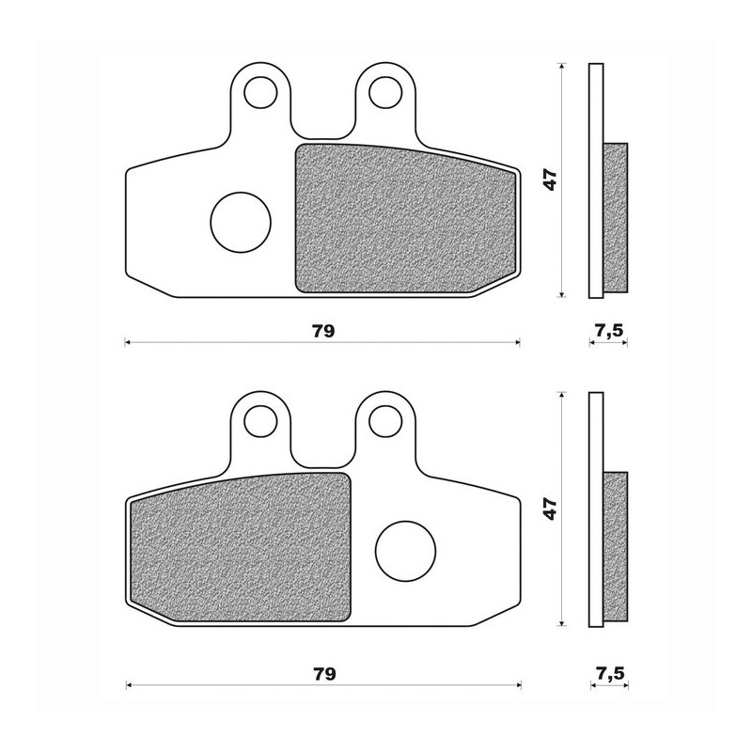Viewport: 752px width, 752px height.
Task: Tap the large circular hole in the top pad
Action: (241, 222)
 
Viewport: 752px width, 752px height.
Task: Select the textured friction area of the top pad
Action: (405, 219)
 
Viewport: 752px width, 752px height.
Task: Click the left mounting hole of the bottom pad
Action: (261, 421)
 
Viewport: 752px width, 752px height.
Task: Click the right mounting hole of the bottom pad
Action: (385, 421)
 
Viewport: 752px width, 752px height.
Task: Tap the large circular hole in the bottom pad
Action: (406, 552)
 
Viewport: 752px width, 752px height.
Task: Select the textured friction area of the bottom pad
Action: (241, 548)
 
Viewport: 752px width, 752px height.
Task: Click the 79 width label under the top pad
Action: (323, 331)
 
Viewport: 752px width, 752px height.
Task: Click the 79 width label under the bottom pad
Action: (324, 674)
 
